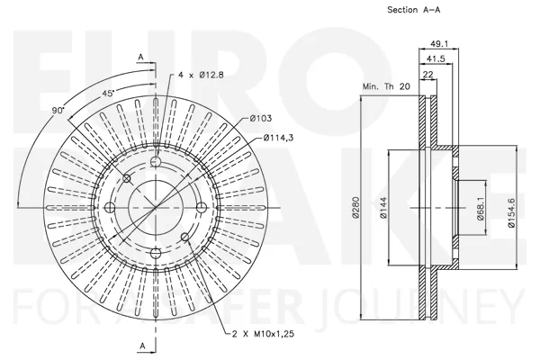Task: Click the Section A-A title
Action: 414,10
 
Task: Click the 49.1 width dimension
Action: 439,44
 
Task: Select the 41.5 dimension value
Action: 436,58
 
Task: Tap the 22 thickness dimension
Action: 428,75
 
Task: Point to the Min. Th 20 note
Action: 386,86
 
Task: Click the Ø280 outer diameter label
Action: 356,207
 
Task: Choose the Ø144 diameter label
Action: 384,207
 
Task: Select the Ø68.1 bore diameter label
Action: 481,209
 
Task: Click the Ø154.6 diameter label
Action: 511,212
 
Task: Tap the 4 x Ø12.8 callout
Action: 201,75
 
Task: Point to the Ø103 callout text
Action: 261,118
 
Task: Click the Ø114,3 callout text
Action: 278,138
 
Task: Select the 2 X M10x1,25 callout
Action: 263,334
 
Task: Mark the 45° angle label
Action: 108,93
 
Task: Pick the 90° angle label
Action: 58,110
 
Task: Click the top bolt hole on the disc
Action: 156,161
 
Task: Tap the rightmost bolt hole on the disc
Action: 202,207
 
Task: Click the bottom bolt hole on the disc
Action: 156,253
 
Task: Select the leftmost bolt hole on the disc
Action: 110,207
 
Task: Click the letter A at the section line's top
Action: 141,58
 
